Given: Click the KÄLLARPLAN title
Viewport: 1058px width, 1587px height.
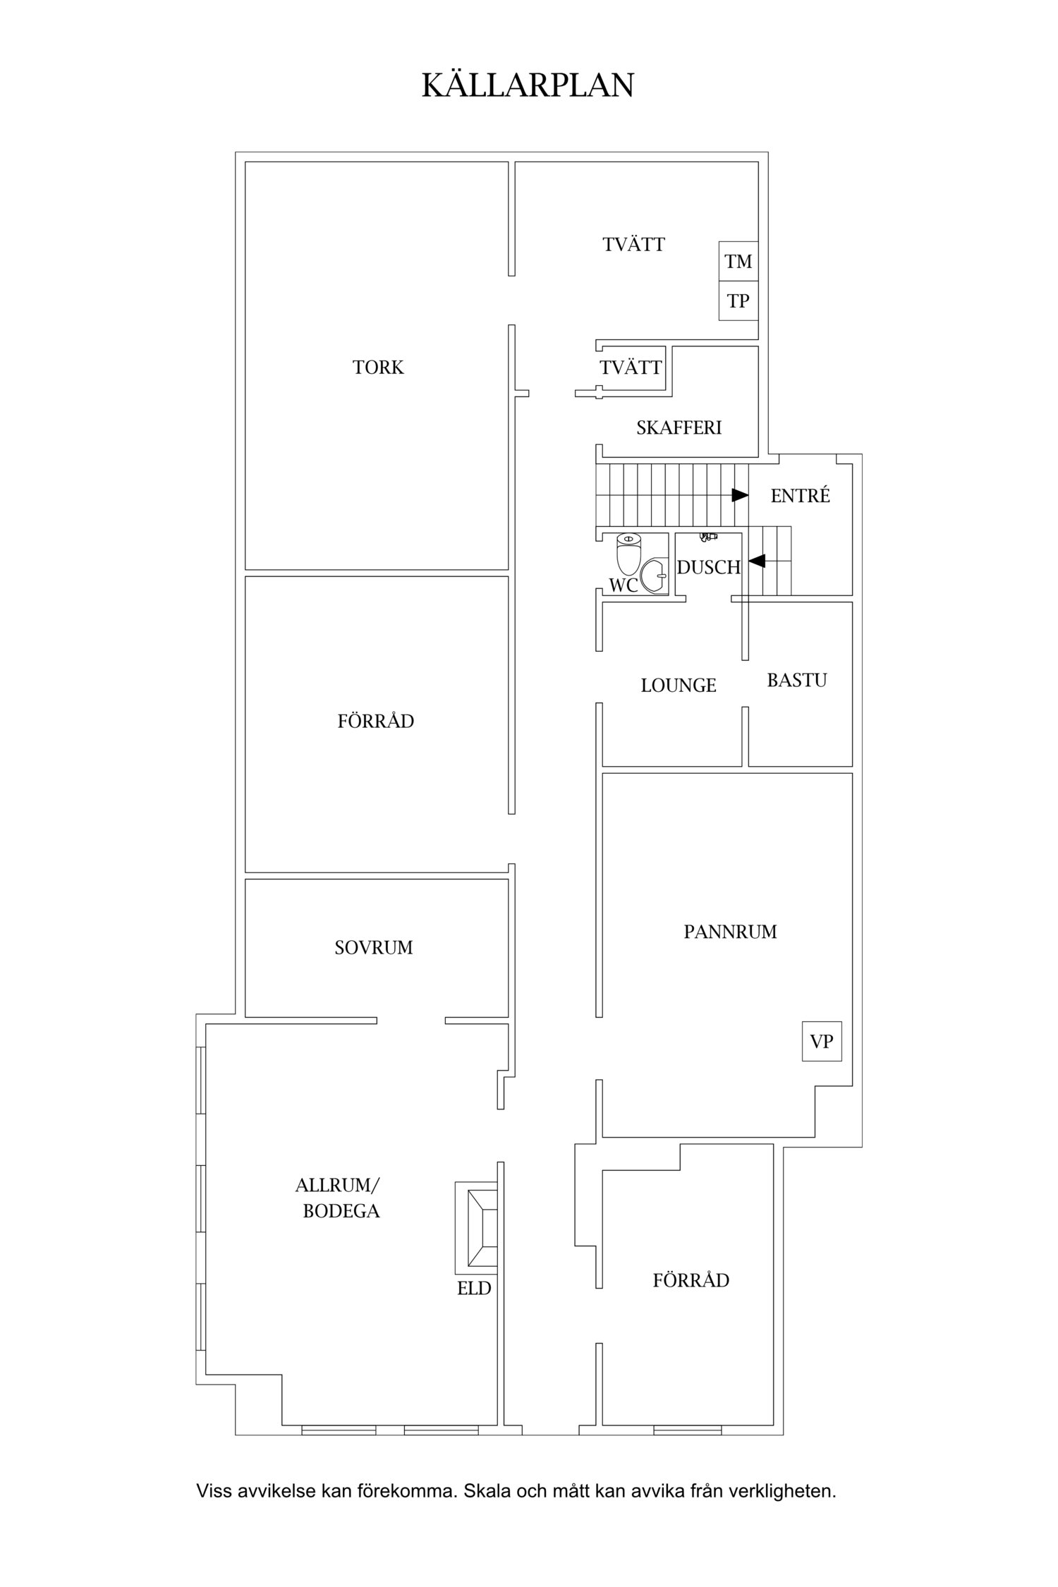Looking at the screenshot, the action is pyautogui.click(x=528, y=84).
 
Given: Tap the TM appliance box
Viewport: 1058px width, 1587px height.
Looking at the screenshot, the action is pyautogui.click(x=738, y=262).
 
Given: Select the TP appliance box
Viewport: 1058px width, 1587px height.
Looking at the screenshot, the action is pyautogui.click(x=738, y=301).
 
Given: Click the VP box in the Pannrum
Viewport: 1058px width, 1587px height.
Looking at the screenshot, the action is pyautogui.click(x=822, y=1041).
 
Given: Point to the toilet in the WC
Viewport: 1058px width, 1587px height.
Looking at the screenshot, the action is pyautogui.click(x=628, y=552).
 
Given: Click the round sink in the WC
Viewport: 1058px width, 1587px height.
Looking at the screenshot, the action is pyautogui.click(x=655, y=576).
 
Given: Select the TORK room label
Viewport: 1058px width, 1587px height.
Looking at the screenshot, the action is pyautogui.click(x=378, y=367).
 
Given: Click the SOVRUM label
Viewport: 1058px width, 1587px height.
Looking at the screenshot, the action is pyautogui.click(x=374, y=947).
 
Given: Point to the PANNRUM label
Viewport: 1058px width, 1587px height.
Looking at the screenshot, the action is pyautogui.click(x=730, y=932).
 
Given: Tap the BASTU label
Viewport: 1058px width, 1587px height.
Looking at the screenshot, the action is pyautogui.click(x=797, y=680).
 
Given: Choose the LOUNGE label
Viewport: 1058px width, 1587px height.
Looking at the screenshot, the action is pyautogui.click(x=679, y=685).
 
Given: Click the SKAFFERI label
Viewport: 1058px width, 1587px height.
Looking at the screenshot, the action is pyautogui.click(x=679, y=427).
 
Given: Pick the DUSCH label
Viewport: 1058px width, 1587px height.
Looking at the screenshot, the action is pyautogui.click(x=709, y=567).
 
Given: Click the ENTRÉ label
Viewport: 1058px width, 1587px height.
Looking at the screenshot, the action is pyautogui.click(x=801, y=496).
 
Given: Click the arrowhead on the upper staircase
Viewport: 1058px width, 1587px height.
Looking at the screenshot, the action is pyautogui.click(x=740, y=495).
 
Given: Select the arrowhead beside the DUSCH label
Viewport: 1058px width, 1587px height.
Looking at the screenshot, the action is pyautogui.click(x=757, y=561).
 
